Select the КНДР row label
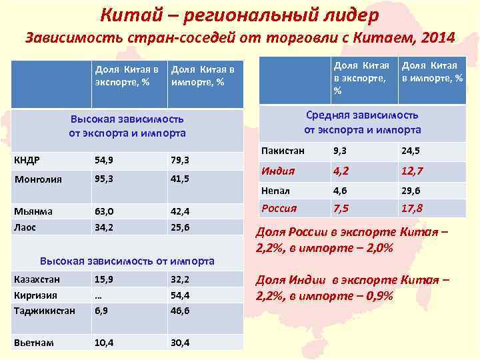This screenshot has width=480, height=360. point(27,160)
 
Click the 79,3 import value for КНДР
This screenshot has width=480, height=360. point(180,160)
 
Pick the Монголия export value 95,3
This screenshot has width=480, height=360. point(104,179)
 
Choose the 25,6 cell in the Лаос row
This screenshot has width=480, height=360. point(180,227)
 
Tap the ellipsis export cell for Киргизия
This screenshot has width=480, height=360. point(99,295)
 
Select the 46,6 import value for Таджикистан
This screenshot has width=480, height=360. point(180,310)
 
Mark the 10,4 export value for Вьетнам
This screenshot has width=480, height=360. point(104,343)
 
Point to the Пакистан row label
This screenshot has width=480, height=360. point(283,151)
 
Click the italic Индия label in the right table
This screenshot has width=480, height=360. point(278,171)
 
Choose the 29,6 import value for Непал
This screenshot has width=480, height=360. point(410,190)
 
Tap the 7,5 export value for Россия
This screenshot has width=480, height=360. point(343,208)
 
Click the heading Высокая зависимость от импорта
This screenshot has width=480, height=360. point(127,261)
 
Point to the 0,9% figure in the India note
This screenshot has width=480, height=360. point(375,295)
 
